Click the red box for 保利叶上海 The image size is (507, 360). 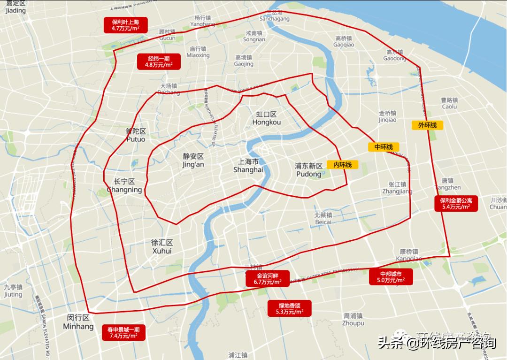pyautogui.click(x=125, y=25)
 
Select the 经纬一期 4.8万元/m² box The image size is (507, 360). pyautogui.click(x=159, y=61)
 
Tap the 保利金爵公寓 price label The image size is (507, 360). pyautogui.click(x=456, y=203)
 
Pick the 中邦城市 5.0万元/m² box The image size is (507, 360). pyautogui.click(x=391, y=277)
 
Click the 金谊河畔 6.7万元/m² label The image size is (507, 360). pyautogui.click(x=268, y=279)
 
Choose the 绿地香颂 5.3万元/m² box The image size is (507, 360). pyautogui.click(x=290, y=308)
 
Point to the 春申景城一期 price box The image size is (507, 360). pyautogui.click(x=124, y=332)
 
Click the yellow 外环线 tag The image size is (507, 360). pyautogui.click(x=427, y=125)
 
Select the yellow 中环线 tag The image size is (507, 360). pyautogui.click(x=384, y=147)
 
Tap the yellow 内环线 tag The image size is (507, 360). pyautogui.click(x=342, y=165)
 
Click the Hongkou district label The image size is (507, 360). pyautogui.click(x=266, y=118)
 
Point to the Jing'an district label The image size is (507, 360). pyautogui.click(x=193, y=161)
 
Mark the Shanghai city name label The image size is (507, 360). pyautogui.click(x=248, y=166)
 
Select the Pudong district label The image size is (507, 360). pyautogui.click(x=308, y=170)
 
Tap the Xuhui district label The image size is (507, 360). pyautogui.click(x=162, y=247)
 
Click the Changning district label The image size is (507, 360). pyautogui.click(x=124, y=186)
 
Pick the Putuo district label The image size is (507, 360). pyautogui.click(x=136, y=135)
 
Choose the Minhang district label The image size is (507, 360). pyautogui.click(x=78, y=322)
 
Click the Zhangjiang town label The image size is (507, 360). pyautogui.click(x=397, y=188)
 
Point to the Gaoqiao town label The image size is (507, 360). pyautogui.click(x=344, y=41)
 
